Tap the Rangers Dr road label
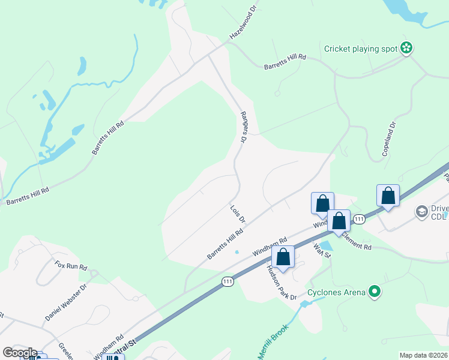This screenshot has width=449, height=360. coord(244,127)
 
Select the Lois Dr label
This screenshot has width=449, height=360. coord(238,214)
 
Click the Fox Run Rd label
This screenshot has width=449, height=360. coord(71,265)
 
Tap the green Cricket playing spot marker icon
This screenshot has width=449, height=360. coord(407,48)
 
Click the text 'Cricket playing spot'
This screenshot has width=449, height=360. coord(361,49)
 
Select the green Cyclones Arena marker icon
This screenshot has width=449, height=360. coord(375,292)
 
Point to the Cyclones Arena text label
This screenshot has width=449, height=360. coord(336,293)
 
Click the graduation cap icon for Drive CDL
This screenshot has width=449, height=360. coord(422,211)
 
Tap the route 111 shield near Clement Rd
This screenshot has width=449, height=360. coord(359,219)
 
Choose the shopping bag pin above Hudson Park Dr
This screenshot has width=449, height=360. coord(283,257)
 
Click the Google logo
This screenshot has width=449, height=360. coord(19,353)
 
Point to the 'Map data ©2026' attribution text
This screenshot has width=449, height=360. coord(424,355)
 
